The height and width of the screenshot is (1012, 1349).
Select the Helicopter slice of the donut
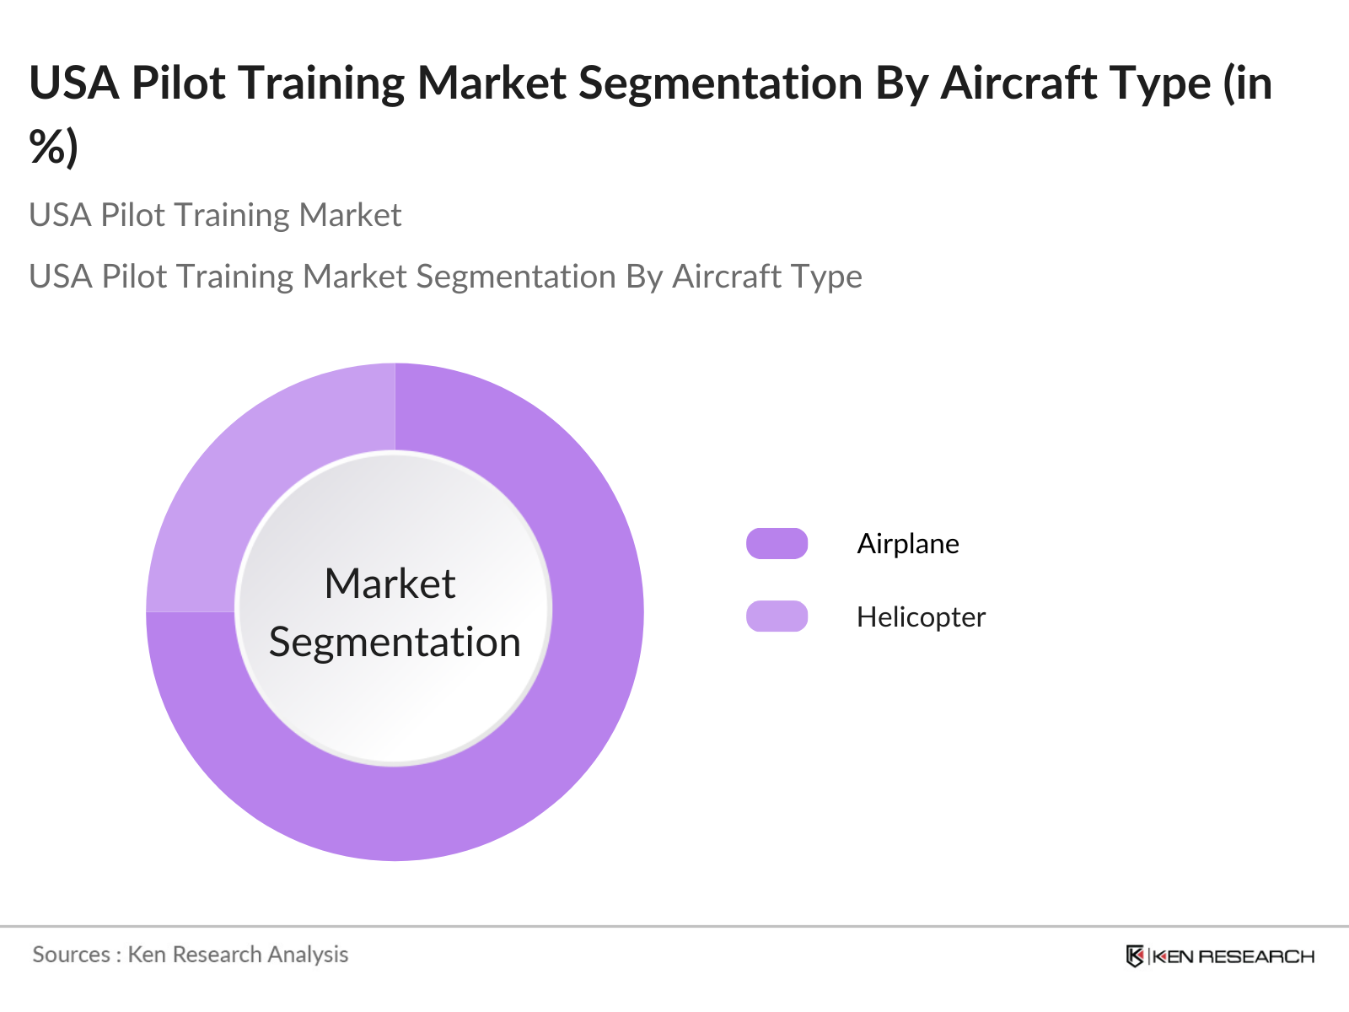point(253,472)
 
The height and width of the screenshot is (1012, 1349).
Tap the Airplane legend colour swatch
point(777,544)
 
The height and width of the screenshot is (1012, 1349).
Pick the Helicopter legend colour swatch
point(777,616)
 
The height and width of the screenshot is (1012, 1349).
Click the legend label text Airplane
point(907,544)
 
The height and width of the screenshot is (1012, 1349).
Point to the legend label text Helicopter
point(921,617)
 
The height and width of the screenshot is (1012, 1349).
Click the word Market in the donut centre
point(390,584)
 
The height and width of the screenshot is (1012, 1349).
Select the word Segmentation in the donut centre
point(395,643)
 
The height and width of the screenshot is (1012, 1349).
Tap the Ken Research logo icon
point(1135,956)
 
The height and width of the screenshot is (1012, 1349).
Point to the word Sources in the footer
point(71,955)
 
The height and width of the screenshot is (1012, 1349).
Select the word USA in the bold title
point(74,83)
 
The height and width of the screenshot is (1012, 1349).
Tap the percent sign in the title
point(47,147)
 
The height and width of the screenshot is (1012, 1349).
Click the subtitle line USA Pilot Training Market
point(215,215)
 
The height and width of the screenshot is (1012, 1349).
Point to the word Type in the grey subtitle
point(830,277)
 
